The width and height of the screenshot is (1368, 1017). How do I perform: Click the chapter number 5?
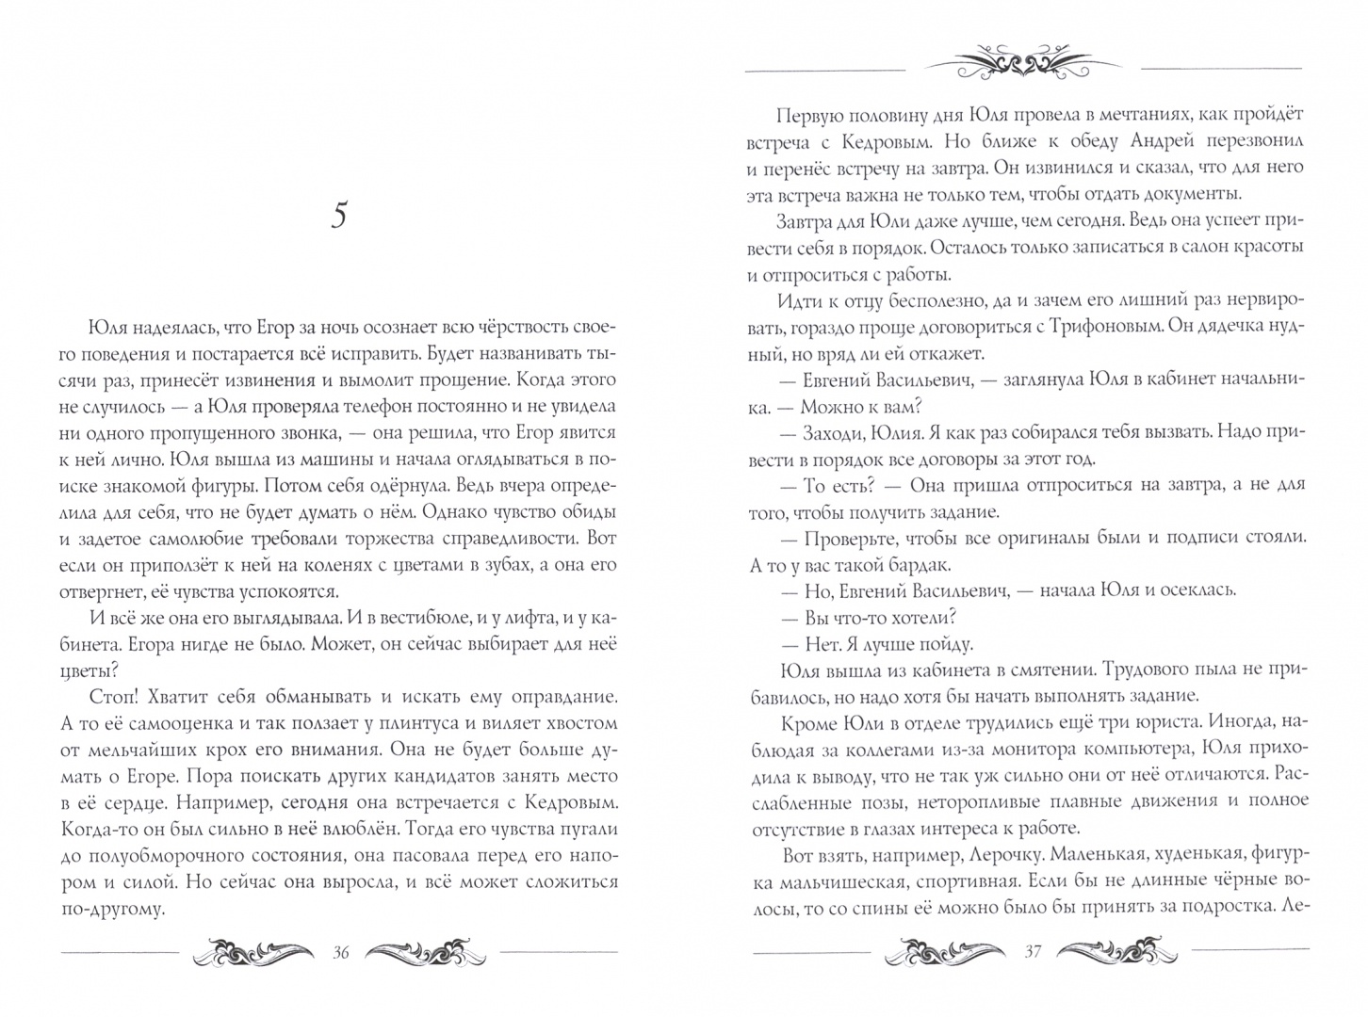point(340,216)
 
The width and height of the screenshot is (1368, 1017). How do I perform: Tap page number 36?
point(341,952)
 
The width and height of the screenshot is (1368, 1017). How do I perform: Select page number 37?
point(1032,952)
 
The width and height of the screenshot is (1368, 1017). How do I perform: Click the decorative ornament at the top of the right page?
point(1023,64)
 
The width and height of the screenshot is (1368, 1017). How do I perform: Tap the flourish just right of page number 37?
point(1118,952)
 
